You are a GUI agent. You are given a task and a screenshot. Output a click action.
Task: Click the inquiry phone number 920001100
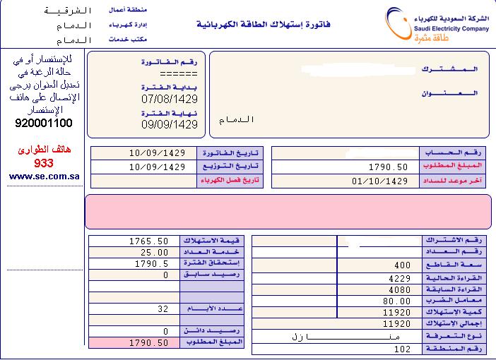(x=43, y=123)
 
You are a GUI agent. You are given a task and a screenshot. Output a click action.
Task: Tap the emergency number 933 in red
(x=44, y=163)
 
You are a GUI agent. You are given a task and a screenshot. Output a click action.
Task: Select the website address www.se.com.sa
(x=44, y=176)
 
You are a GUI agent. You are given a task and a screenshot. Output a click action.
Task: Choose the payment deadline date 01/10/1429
(x=379, y=181)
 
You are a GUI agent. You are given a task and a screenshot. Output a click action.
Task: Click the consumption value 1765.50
(x=148, y=241)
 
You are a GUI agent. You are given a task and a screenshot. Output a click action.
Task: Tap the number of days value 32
(x=163, y=308)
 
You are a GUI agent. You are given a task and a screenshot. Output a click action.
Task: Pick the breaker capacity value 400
(x=402, y=265)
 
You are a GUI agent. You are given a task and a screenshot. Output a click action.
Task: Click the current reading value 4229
(x=399, y=277)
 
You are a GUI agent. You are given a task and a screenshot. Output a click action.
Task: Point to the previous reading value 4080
(x=399, y=289)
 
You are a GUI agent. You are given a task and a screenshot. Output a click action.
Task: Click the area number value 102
(x=402, y=348)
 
